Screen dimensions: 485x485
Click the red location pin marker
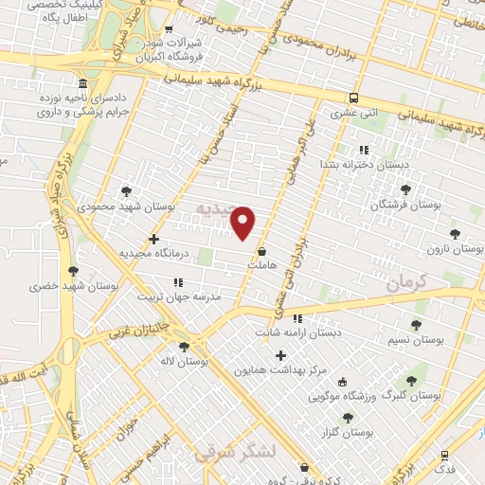pyautogui.click(x=244, y=223)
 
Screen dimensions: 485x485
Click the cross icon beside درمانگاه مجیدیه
pyautogui.click(x=154, y=239)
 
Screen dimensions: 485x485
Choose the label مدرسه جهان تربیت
pyautogui.click(x=207, y=296)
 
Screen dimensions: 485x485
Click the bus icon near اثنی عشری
pyautogui.click(x=353, y=98)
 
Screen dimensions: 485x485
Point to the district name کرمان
pyautogui.click(x=407, y=282)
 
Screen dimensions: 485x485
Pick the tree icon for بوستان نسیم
pyautogui.click(x=416, y=325)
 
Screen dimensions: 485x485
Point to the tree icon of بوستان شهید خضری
pyautogui.click(x=73, y=271)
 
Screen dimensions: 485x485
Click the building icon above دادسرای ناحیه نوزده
pyautogui.click(x=83, y=83)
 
